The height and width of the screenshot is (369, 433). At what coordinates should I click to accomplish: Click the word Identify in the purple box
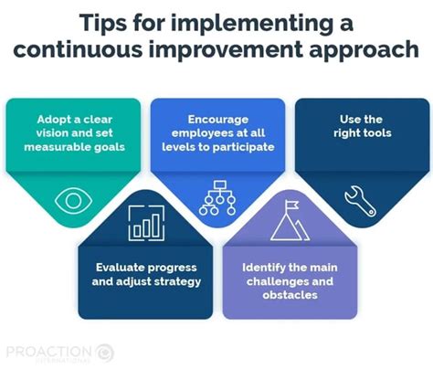(263, 268)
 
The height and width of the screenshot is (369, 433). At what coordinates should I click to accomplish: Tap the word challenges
(275, 282)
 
